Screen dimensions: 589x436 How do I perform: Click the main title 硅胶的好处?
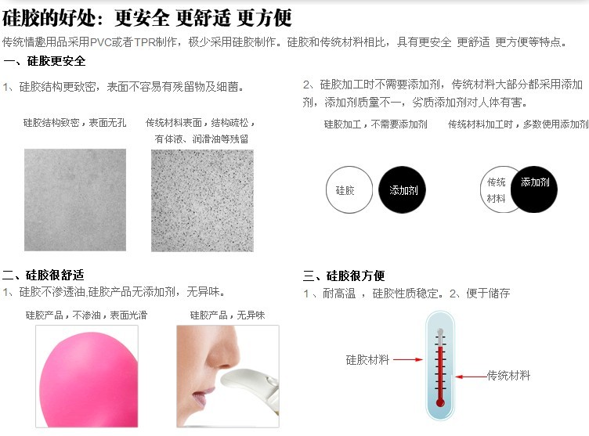(x=49, y=18)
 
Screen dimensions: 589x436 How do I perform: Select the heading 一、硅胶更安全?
(x=45, y=61)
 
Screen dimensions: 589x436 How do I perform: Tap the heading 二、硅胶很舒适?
(x=43, y=275)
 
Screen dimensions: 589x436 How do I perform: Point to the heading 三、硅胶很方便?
(x=344, y=276)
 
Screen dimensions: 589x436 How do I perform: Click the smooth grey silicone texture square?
(x=75, y=200)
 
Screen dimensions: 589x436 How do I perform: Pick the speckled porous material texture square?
(x=202, y=200)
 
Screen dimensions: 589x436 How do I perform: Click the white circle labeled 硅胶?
(x=349, y=190)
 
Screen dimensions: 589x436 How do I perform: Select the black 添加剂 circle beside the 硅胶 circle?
(x=403, y=190)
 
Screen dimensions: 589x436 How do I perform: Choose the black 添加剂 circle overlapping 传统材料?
(x=534, y=189)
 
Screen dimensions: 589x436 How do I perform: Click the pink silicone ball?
(x=89, y=380)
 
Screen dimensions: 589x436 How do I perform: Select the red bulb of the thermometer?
(x=440, y=403)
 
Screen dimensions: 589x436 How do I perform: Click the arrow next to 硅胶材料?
(x=408, y=360)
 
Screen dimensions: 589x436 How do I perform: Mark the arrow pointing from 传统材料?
(x=472, y=377)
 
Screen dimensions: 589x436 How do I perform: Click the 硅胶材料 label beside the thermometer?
(x=367, y=360)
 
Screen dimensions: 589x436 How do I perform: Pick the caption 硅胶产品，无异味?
(x=228, y=315)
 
